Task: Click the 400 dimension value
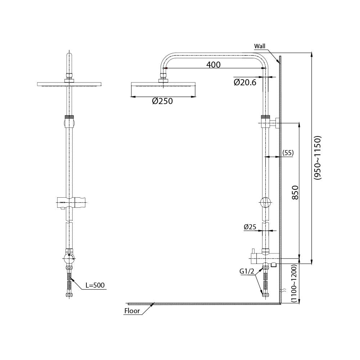tap(213, 65)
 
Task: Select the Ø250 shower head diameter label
tap(162, 101)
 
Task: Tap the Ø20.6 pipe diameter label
tap(245, 82)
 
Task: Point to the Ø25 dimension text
tap(250, 227)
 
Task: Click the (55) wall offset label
tap(288, 153)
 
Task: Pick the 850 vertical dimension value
tap(296, 192)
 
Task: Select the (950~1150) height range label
tap(318, 158)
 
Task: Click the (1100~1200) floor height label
tap(294, 283)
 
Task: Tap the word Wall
tap(260, 46)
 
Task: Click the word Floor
tap(132, 311)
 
